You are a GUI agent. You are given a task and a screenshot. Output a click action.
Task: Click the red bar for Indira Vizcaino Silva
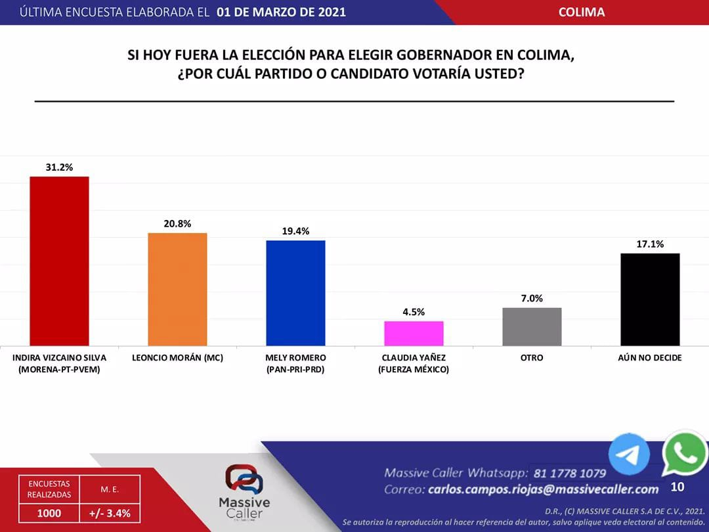(x=59, y=261)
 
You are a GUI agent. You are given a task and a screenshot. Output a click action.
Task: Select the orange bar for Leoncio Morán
(x=177, y=289)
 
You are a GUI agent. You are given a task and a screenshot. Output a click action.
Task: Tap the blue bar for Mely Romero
(x=295, y=293)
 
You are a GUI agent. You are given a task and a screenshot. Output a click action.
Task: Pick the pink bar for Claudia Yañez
(x=414, y=333)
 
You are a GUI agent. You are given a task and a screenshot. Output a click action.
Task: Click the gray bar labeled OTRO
(x=532, y=326)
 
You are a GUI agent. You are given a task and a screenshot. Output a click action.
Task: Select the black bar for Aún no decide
(x=650, y=299)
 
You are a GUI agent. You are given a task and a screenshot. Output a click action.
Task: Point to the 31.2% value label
(x=59, y=167)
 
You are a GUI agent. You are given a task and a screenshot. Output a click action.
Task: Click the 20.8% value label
(x=177, y=224)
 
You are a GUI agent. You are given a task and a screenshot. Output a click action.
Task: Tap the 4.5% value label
(x=414, y=312)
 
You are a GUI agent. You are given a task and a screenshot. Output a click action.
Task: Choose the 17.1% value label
(x=650, y=244)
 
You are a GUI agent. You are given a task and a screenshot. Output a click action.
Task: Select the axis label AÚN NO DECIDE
(x=650, y=358)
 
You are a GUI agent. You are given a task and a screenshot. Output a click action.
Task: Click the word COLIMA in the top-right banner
(x=582, y=12)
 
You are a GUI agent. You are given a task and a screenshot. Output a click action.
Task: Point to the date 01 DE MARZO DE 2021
(x=281, y=12)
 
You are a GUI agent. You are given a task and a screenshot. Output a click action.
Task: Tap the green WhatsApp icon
(x=685, y=453)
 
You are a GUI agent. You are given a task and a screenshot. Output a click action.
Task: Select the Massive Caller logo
(x=244, y=493)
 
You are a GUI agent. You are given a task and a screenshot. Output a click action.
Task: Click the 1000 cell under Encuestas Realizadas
(x=49, y=513)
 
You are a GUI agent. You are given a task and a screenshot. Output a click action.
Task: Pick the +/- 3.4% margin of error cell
(x=110, y=513)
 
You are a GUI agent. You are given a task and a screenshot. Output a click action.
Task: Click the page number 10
(x=677, y=487)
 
